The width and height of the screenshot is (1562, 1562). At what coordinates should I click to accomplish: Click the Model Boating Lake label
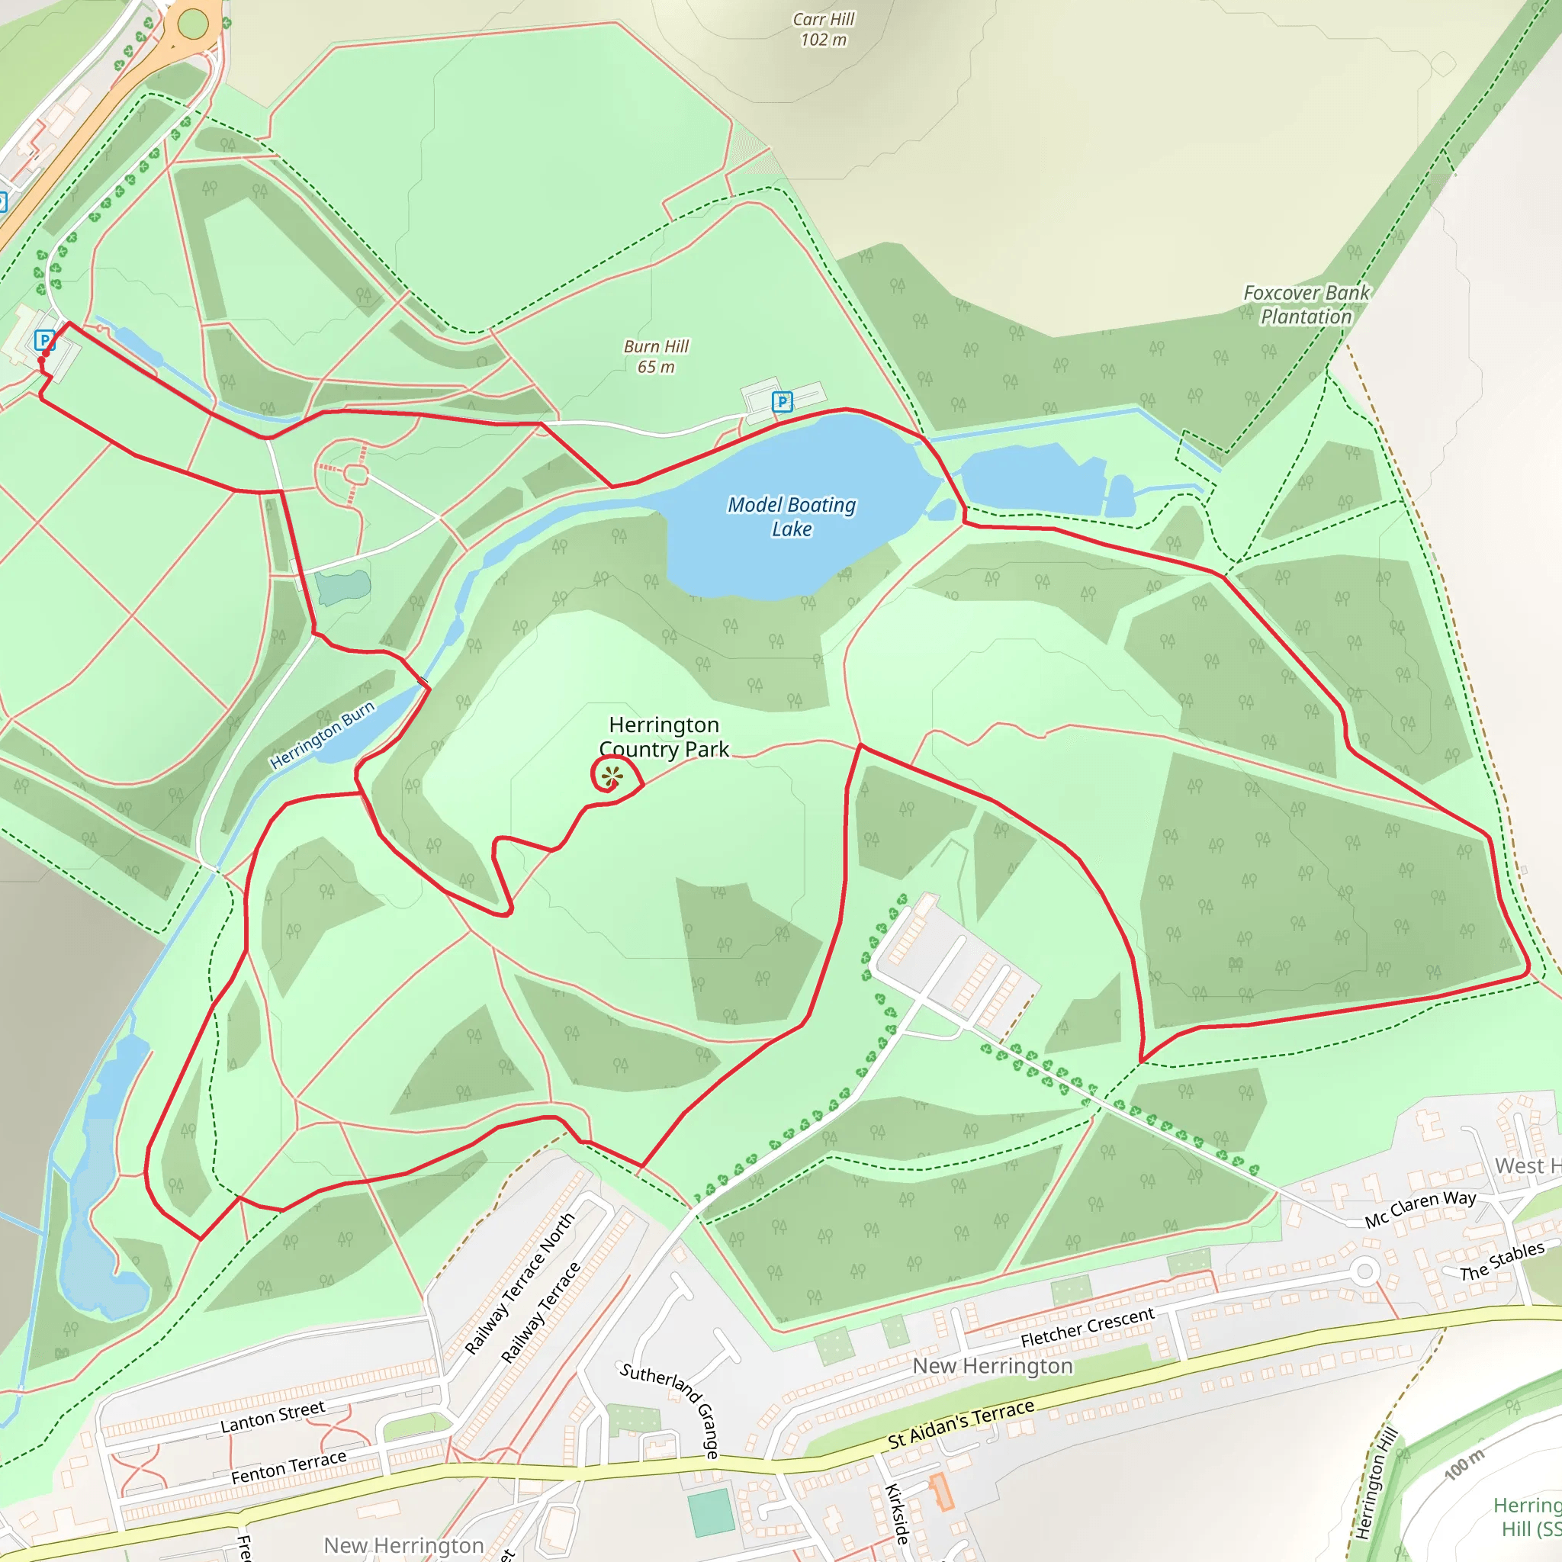click(x=791, y=516)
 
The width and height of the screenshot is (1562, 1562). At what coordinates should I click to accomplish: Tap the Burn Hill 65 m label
click(x=656, y=356)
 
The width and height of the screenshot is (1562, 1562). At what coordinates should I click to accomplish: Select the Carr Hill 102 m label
click(x=823, y=29)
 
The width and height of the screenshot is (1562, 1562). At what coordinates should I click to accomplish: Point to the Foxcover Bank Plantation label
click(x=1306, y=305)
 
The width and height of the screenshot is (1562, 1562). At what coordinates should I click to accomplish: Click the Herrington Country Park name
click(x=664, y=737)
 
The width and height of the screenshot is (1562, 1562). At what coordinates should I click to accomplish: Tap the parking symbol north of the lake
click(x=782, y=402)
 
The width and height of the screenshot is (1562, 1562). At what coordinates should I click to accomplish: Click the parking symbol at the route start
click(x=44, y=340)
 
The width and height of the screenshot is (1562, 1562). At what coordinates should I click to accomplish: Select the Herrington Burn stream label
click(x=322, y=735)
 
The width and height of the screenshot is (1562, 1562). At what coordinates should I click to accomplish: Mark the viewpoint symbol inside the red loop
click(x=612, y=777)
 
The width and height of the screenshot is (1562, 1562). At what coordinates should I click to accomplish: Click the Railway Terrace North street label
click(x=520, y=1283)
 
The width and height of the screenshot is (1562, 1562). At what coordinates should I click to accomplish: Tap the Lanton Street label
click(x=272, y=1416)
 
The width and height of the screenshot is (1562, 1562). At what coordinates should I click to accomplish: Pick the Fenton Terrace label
click(x=288, y=1467)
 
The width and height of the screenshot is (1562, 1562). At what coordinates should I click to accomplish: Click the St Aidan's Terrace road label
click(x=960, y=1424)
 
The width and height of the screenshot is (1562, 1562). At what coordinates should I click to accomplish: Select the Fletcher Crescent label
click(x=1087, y=1328)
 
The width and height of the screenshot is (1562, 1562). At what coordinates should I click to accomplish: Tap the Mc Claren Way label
click(x=1419, y=1209)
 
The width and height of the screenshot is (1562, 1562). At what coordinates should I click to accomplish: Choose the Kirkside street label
click(x=898, y=1512)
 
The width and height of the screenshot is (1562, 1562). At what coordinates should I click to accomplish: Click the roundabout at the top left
click(x=192, y=24)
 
